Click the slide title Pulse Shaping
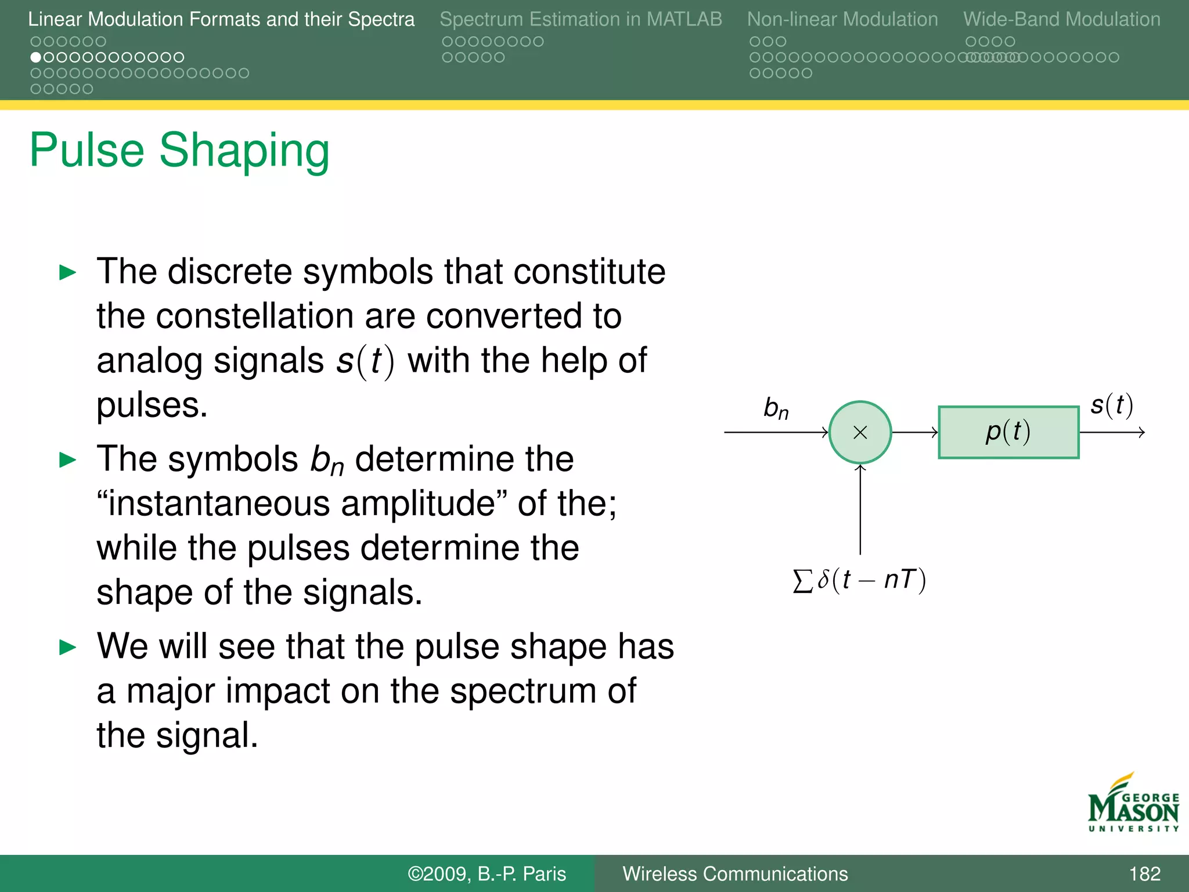tap(179, 150)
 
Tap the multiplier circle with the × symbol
tap(860, 432)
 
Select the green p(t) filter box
tap(1008, 432)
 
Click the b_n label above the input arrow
tap(776, 408)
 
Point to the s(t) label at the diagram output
tap(1111, 405)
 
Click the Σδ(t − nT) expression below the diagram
tap(859, 580)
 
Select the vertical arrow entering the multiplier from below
tap(860, 509)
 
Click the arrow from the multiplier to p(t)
tap(914, 432)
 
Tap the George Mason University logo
tap(1133, 804)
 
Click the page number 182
tap(1144, 873)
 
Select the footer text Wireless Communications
tap(735, 873)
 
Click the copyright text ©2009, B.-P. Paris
tap(487, 873)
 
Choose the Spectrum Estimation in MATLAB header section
tap(581, 19)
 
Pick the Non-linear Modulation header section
tap(842, 19)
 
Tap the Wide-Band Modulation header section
tap(1062, 19)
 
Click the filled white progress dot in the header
tap(36, 57)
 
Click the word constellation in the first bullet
tap(256, 316)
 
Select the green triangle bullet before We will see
tap(68, 647)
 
